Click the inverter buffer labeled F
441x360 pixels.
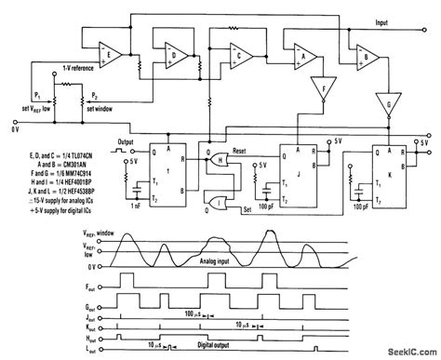(325, 91)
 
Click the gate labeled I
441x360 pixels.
(219, 204)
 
